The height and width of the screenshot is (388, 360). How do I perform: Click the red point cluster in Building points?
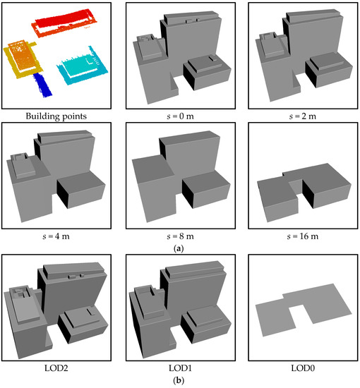64,23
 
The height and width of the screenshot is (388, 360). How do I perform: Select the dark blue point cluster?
42,85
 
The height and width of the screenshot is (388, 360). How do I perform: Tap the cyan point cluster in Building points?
83,66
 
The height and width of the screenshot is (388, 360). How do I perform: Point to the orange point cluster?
23,56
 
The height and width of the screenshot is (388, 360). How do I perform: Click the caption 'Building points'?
56,116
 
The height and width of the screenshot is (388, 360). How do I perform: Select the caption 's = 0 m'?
180,116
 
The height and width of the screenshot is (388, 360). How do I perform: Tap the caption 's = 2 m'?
303,116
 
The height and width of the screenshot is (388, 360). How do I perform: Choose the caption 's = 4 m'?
56,236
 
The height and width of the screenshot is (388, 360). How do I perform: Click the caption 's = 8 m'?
180,236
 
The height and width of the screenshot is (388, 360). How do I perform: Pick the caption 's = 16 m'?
303,236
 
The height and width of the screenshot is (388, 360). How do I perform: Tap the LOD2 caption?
56,368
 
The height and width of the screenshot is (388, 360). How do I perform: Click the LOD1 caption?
180,368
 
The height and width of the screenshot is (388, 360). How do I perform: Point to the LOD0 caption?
303,368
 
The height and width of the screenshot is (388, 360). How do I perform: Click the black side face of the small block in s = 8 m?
188,194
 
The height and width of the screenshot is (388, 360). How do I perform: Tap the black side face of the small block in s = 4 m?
63,194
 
